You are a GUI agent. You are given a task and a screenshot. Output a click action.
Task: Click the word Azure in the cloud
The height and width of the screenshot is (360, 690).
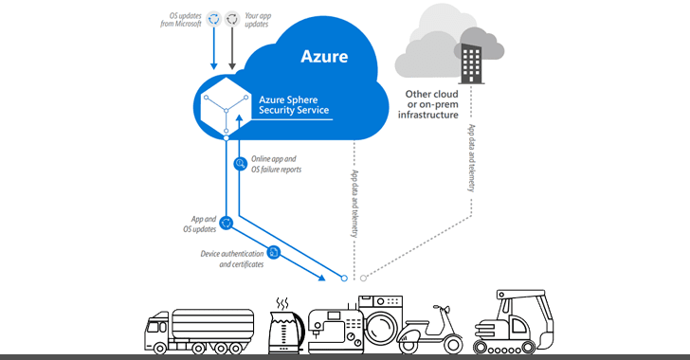324,56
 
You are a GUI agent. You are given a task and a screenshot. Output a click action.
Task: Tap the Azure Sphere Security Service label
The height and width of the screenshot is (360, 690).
295,103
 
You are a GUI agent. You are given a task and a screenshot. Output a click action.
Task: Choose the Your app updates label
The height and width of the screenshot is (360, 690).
285,20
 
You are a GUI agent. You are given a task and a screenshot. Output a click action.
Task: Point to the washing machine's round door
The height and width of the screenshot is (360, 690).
383,327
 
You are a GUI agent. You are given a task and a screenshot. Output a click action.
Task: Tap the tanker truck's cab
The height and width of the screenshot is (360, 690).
160,330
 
